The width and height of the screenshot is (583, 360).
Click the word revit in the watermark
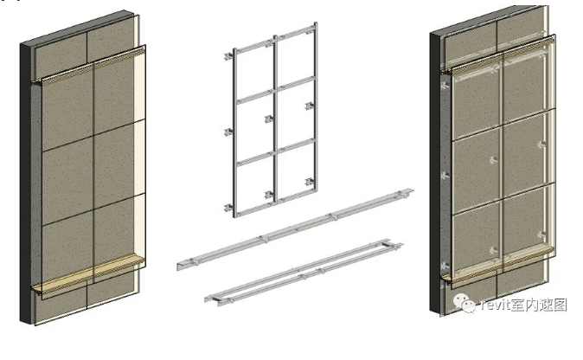[x=494, y=305]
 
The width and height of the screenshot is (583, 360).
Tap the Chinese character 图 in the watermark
[x=560, y=305]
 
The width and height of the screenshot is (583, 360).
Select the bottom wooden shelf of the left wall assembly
[x=88, y=273]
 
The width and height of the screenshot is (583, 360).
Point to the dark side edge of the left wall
[x=25, y=183]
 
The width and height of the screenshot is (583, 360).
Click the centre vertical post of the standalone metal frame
[x=276, y=119]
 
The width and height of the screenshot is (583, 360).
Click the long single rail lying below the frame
[x=295, y=228]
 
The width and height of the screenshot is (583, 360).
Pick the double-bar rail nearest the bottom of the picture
[x=304, y=273]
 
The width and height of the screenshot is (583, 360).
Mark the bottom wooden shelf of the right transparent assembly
[x=498, y=265]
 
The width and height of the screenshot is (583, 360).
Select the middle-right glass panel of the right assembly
[x=529, y=153]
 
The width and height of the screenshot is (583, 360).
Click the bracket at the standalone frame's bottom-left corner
[x=228, y=208]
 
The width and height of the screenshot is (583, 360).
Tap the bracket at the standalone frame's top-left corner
[x=228, y=56]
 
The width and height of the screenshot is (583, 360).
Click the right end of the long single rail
[x=412, y=190]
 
